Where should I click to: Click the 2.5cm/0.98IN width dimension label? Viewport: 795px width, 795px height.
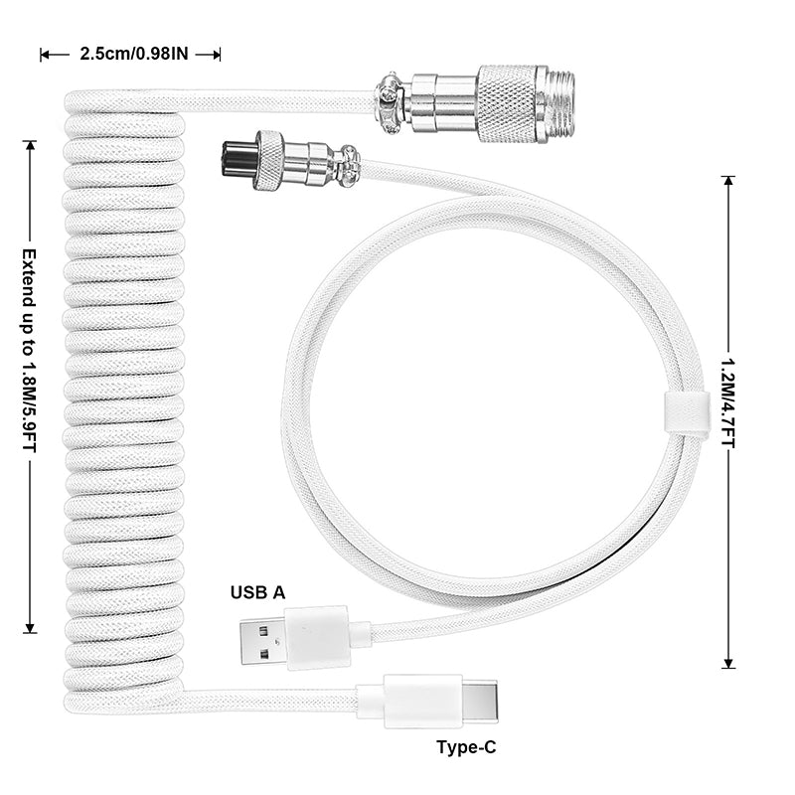[x=134, y=54]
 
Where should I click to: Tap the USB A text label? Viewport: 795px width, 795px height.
[x=257, y=592]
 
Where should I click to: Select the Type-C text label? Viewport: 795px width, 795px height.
[x=466, y=747]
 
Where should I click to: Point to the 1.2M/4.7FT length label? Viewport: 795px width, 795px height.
[x=728, y=403]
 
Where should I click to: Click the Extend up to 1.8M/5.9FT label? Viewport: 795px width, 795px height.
[x=30, y=351]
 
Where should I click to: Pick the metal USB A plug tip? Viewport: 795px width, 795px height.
[x=262, y=641]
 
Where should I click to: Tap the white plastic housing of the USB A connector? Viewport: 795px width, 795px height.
[x=317, y=638]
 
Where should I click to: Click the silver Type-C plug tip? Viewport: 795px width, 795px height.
[x=480, y=703]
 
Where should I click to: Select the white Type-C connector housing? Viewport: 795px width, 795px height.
[x=423, y=702]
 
